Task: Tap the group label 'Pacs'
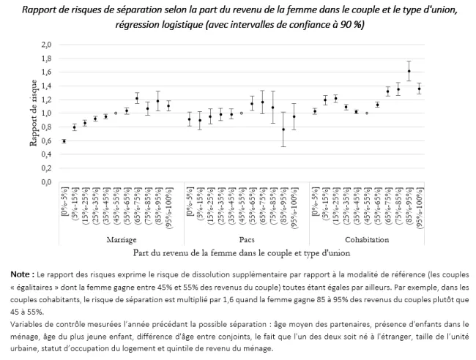point(241,239)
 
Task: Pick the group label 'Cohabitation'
point(366,239)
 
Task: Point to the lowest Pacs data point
point(283,130)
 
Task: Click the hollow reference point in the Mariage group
point(116,113)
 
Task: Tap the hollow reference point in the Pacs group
point(241,113)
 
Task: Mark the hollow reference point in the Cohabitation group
point(366,113)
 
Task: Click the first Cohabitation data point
point(314,111)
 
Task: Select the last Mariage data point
point(168,106)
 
